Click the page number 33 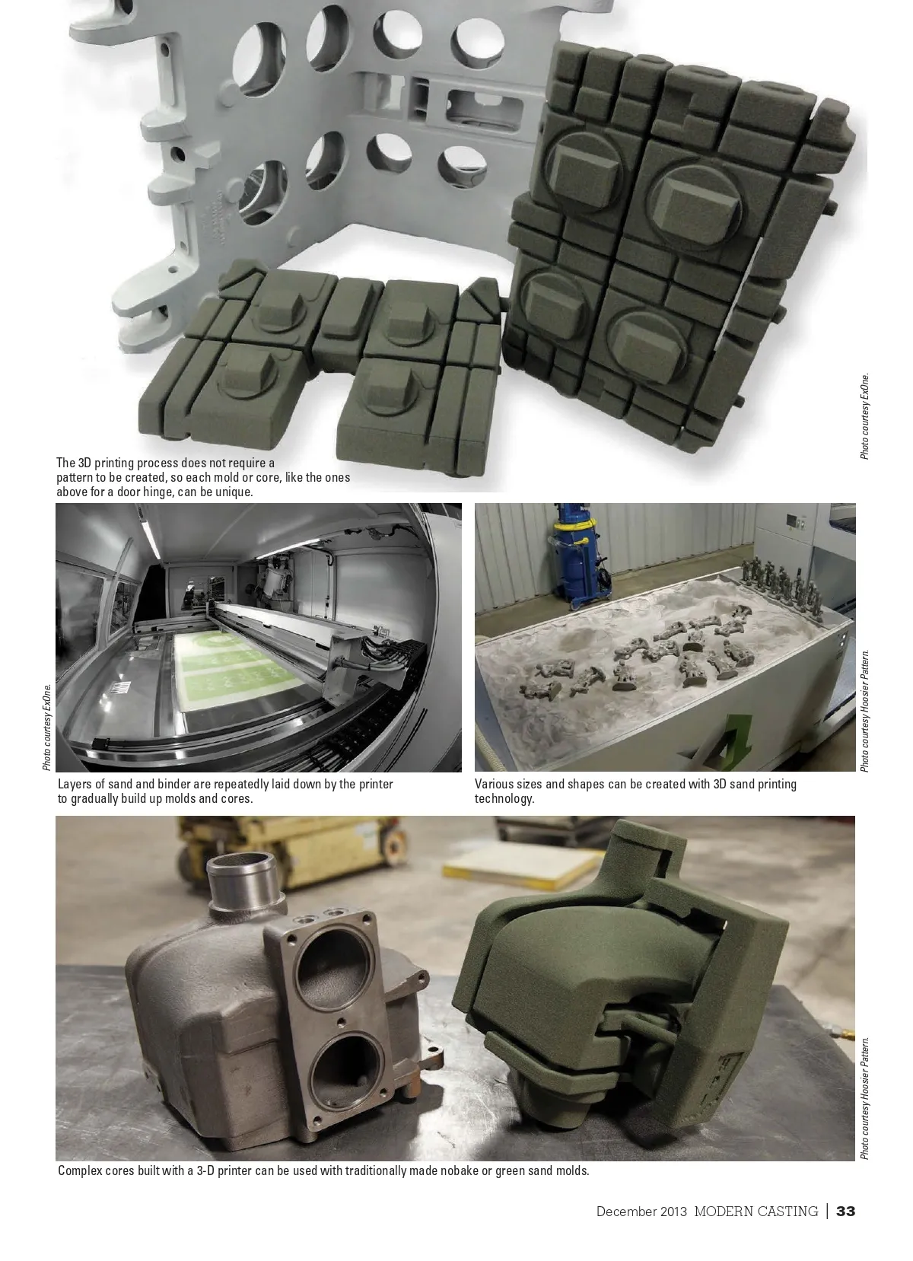[x=845, y=1211]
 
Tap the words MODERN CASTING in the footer [x=756, y=1211]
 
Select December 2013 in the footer [x=641, y=1211]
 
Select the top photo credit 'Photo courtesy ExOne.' [x=864, y=416]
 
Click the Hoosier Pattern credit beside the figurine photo [x=864, y=710]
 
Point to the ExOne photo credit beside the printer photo [x=47, y=727]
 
